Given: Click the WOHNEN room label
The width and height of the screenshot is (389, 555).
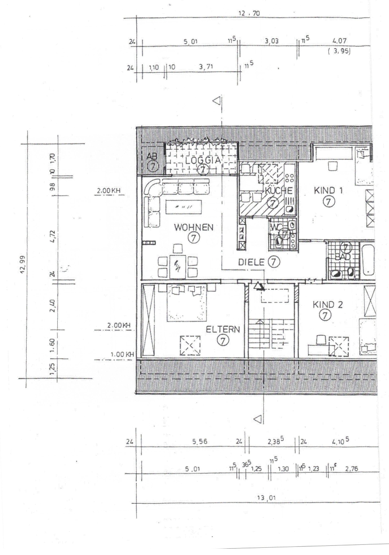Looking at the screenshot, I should click(194, 227).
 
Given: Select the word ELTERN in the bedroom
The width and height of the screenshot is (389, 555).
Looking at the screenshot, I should click(223, 329).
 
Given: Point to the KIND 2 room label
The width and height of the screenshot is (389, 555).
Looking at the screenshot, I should click(328, 304).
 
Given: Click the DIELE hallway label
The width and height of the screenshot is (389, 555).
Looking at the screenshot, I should click(252, 262).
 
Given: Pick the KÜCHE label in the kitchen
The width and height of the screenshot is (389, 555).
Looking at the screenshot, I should click(278, 190).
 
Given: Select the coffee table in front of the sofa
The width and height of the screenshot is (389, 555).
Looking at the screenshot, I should click(183, 207).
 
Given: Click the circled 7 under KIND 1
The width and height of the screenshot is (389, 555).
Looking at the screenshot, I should click(328, 201).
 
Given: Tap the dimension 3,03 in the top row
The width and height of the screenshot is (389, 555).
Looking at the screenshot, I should click(272, 42).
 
